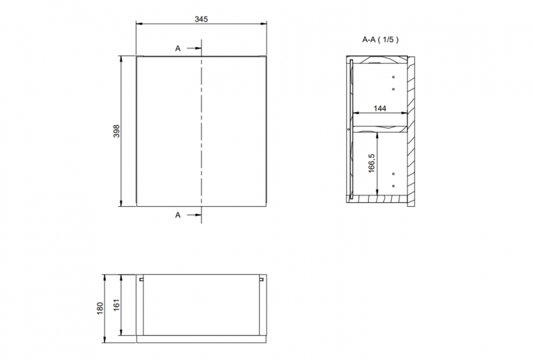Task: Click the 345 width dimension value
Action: (201, 19)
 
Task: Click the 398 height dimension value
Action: (116, 131)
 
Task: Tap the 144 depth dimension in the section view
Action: (380, 108)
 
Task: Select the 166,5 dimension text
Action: (371, 163)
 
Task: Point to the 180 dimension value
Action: (100, 308)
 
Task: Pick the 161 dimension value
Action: (116, 305)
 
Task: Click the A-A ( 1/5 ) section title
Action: (381, 39)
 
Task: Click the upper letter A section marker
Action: (178, 48)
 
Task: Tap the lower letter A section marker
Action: (178, 215)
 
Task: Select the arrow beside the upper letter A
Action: (194, 48)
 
